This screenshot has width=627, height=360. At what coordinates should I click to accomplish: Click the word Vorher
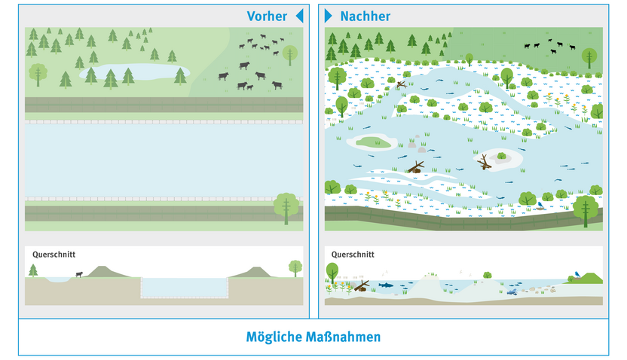pos(267,16)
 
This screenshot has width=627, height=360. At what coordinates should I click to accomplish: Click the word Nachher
pos(365,16)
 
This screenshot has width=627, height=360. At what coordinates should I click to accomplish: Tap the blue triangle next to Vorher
pos(299,16)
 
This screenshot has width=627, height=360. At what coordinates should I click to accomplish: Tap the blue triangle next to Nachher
pos(328,16)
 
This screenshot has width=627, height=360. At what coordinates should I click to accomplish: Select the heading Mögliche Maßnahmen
pos(313,337)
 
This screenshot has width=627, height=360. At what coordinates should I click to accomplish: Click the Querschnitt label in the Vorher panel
pos(54,255)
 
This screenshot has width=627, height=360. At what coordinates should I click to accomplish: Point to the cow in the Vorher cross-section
pos(78,274)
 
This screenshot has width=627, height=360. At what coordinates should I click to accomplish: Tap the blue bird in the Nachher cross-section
pos(577,273)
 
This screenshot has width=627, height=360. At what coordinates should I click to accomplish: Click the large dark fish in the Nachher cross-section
pos(384,285)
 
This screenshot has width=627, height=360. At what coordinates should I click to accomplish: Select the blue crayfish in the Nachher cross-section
pos(512,291)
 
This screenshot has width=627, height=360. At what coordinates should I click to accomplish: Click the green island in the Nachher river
pos(375,142)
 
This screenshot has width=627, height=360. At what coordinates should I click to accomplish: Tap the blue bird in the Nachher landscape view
pos(540,203)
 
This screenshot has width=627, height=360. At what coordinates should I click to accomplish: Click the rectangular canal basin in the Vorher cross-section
pos(184,287)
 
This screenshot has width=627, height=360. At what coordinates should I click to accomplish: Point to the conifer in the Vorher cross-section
pos(33,270)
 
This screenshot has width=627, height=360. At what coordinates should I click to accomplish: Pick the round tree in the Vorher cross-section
pos(295,267)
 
